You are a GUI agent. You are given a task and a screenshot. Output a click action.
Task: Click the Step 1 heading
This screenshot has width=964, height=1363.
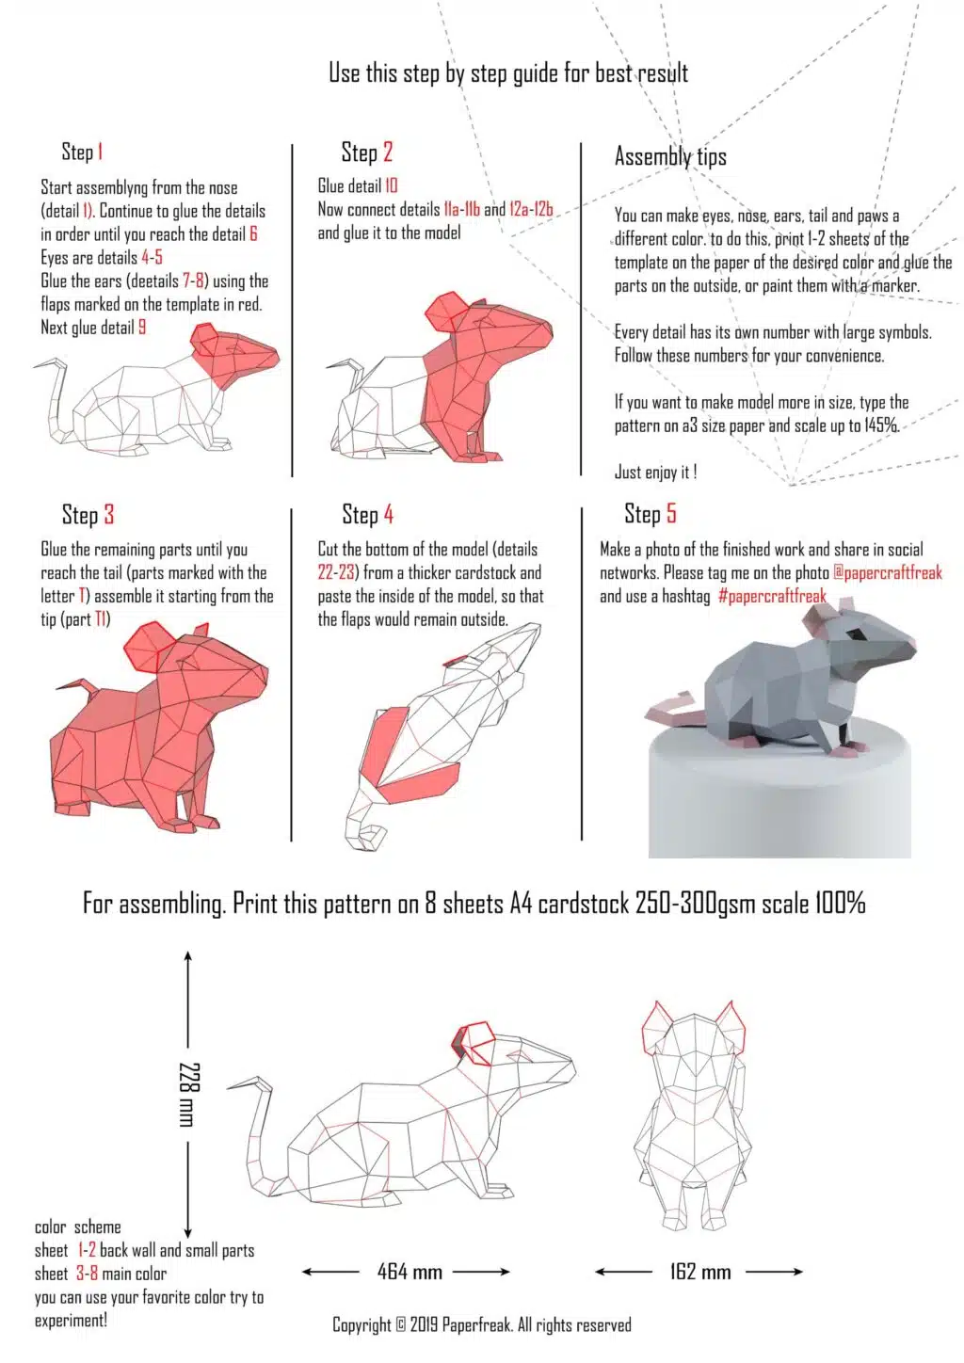tap(82, 152)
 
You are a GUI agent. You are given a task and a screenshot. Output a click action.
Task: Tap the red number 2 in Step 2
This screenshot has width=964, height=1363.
tap(387, 152)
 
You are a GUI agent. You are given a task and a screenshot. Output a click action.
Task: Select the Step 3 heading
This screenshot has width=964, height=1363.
tap(88, 514)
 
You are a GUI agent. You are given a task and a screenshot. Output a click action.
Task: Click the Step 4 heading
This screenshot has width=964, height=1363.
tap(367, 514)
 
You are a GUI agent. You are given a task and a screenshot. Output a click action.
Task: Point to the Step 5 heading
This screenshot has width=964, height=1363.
tap(650, 513)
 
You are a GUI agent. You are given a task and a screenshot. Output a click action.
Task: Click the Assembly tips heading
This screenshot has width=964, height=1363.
tap(670, 156)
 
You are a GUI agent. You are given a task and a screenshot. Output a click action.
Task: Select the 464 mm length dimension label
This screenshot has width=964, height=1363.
tap(410, 1272)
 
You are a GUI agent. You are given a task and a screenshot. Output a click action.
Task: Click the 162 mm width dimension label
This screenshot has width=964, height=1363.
tap(700, 1272)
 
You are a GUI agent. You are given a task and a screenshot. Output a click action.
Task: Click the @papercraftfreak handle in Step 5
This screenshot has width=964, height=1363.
tap(887, 572)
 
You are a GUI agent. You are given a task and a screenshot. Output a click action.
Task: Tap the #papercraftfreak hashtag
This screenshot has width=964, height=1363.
tap(772, 596)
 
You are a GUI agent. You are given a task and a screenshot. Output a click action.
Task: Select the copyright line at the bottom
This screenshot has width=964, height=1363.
tap(481, 1324)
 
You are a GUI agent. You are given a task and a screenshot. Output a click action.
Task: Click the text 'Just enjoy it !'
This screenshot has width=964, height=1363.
tap(655, 473)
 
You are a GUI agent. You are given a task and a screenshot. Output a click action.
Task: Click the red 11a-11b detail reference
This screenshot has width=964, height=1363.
tap(461, 209)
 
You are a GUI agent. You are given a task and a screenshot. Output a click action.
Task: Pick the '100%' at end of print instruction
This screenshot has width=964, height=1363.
tap(840, 904)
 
